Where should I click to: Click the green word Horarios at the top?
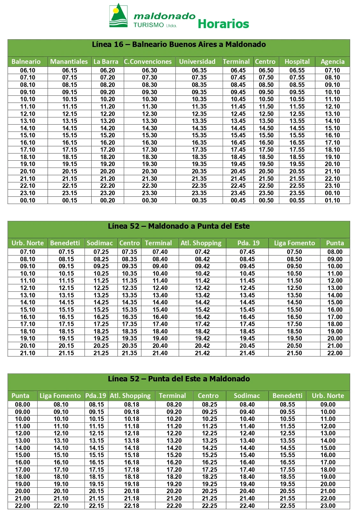(223, 24)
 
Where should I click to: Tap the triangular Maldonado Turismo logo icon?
(118, 16)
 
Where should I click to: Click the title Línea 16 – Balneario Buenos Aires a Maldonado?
(179, 44)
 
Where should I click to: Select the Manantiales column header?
(69, 62)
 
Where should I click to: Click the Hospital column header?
(297, 62)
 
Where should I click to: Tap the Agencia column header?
(333, 62)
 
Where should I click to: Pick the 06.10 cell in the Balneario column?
(28, 70)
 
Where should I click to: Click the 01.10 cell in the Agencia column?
(333, 200)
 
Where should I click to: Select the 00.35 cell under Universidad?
(199, 200)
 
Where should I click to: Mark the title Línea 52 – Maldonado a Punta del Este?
(179, 226)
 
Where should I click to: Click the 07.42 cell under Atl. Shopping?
(202, 252)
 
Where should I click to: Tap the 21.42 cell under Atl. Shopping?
(202, 353)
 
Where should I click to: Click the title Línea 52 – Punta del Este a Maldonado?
(179, 379)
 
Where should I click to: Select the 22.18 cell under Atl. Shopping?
(132, 506)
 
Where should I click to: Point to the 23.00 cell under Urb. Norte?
(328, 506)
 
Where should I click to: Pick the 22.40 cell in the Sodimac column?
(247, 506)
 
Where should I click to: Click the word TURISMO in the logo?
(148, 25)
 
